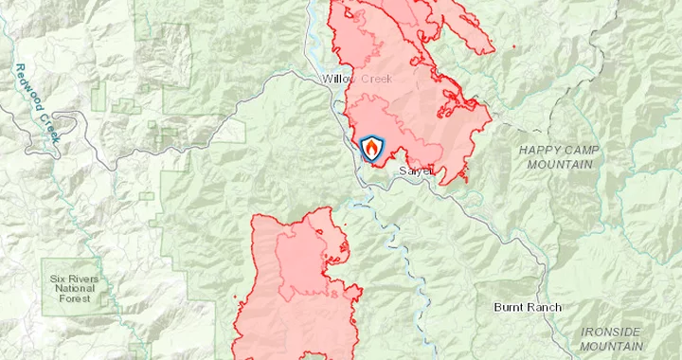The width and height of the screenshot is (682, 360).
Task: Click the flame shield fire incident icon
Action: click(x=373, y=149)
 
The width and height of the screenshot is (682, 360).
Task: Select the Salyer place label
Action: click(x=415, y=171)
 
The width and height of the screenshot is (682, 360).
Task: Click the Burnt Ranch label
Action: click(x=528, y=308)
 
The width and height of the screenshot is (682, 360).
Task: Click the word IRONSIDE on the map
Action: click(x=610, y=333)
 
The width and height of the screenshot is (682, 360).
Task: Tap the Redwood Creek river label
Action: click(x=37, y=102)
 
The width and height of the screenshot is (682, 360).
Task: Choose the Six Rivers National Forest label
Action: click(x=73, y=289)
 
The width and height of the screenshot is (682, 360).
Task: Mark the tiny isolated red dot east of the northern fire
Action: click(x=513, y=46)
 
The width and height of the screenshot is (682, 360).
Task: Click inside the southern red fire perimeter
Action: click(x=265, y=313)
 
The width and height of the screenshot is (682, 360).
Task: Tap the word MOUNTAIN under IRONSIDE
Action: click(x=610, y=346)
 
